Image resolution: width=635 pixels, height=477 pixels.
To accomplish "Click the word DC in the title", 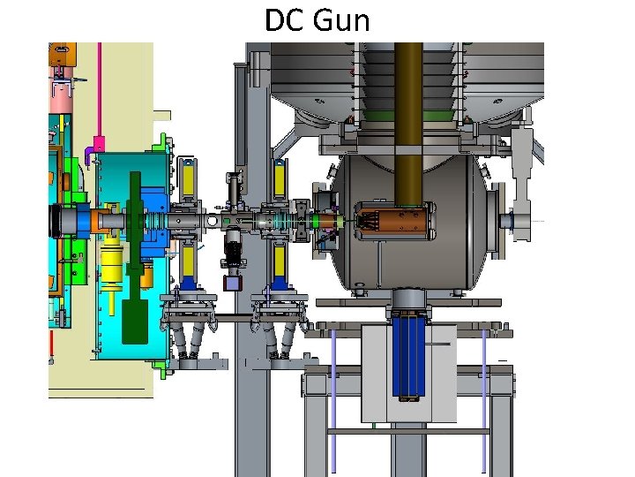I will point(284,20).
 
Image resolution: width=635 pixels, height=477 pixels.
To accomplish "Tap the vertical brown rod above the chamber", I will point(408,106).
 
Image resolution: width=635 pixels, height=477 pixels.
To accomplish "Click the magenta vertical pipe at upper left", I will point(101,88).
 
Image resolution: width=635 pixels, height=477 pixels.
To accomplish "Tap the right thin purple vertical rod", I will point(483,397).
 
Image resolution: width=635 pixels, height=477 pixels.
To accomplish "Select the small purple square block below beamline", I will point(233,283).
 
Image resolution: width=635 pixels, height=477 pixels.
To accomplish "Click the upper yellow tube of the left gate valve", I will point(187,181).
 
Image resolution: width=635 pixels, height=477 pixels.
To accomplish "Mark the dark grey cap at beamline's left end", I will point(62,220).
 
